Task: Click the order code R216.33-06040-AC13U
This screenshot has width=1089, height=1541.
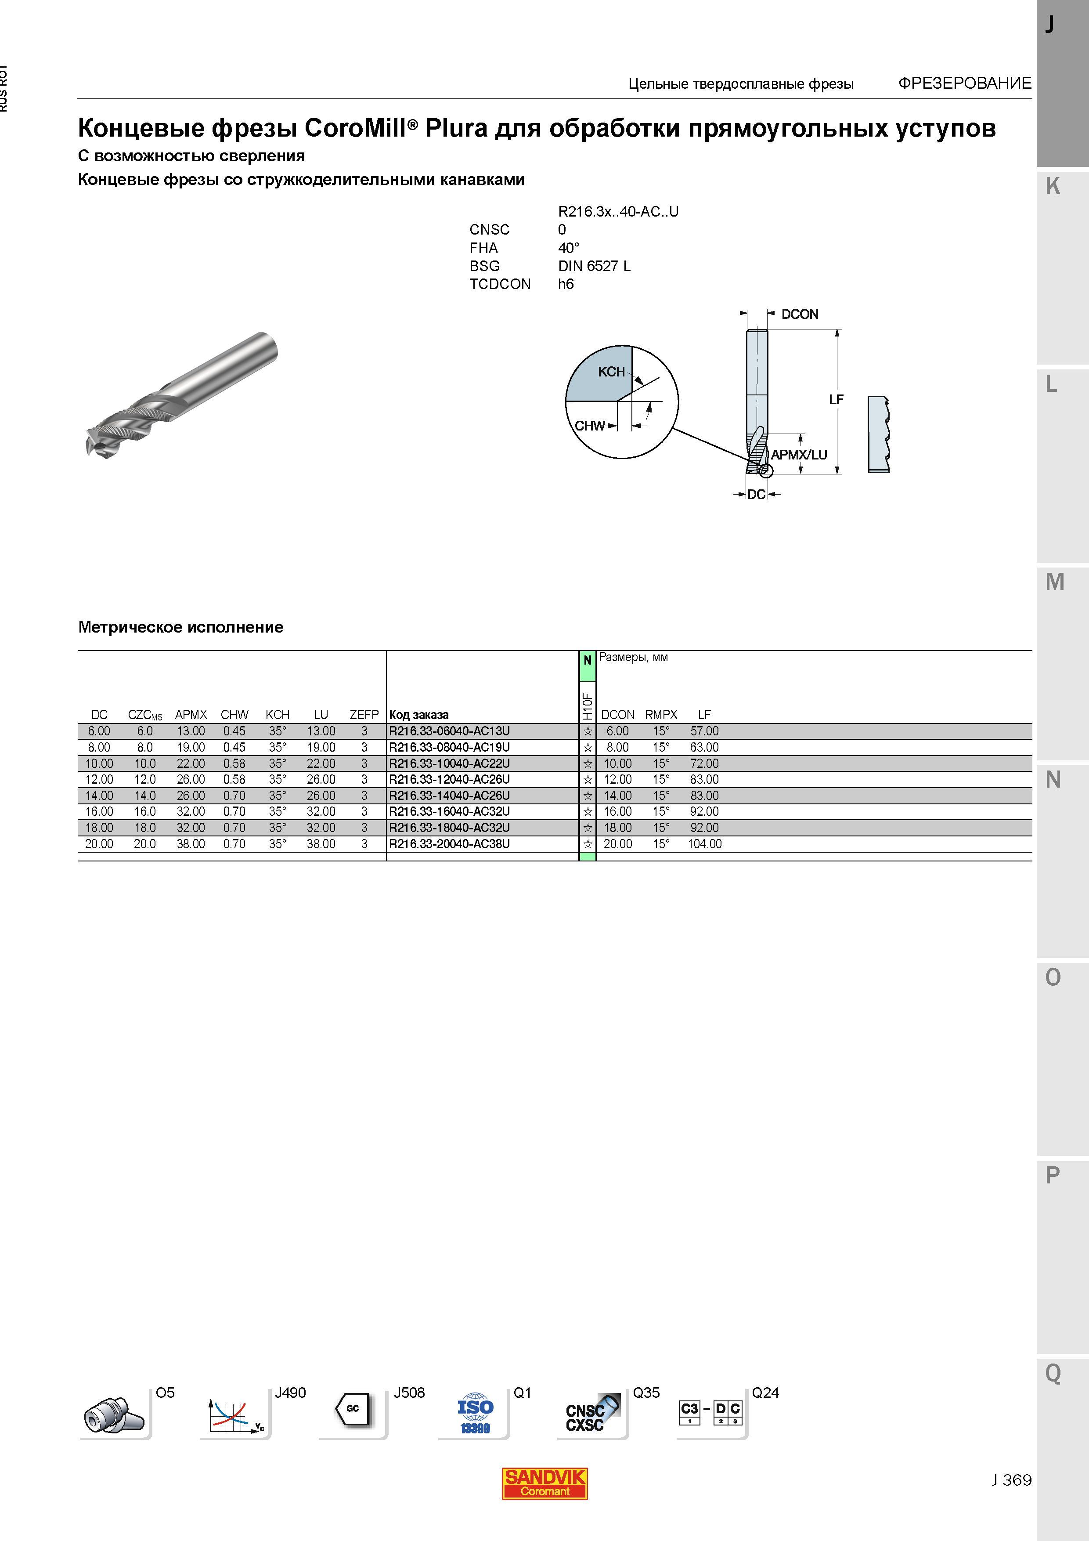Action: (449, 731)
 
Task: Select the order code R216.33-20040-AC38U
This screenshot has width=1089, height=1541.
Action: (449, 844)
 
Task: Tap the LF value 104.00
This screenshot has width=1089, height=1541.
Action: (704, 844)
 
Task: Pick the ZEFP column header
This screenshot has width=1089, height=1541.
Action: (364, 715)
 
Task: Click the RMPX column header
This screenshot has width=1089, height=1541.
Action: (661, 715)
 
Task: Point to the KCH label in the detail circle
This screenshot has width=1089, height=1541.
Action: (611, 372)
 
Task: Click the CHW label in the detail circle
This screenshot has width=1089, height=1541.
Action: (590, 426)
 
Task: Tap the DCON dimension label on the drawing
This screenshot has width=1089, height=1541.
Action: (800, 314)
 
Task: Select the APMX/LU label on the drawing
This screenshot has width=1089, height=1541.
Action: (798, 454)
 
